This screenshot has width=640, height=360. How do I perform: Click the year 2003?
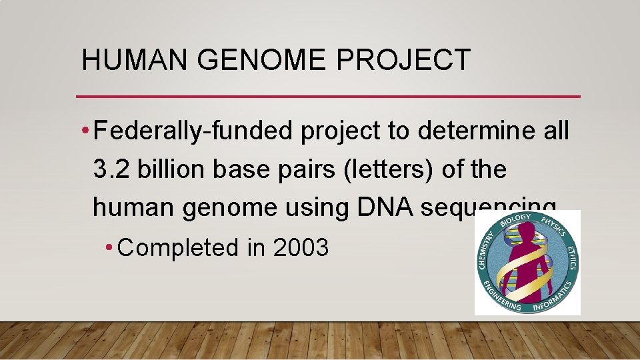301,247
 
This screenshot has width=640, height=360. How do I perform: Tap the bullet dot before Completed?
109,248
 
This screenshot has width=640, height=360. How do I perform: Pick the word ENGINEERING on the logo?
501,297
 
